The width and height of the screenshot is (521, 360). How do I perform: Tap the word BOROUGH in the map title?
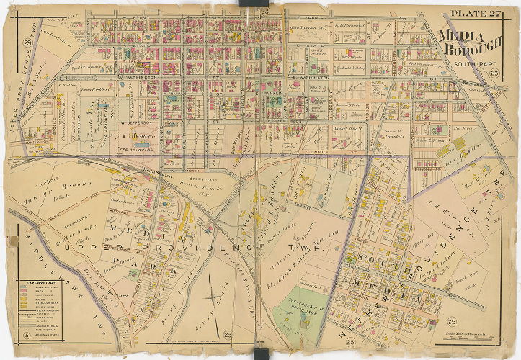point(478,50)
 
